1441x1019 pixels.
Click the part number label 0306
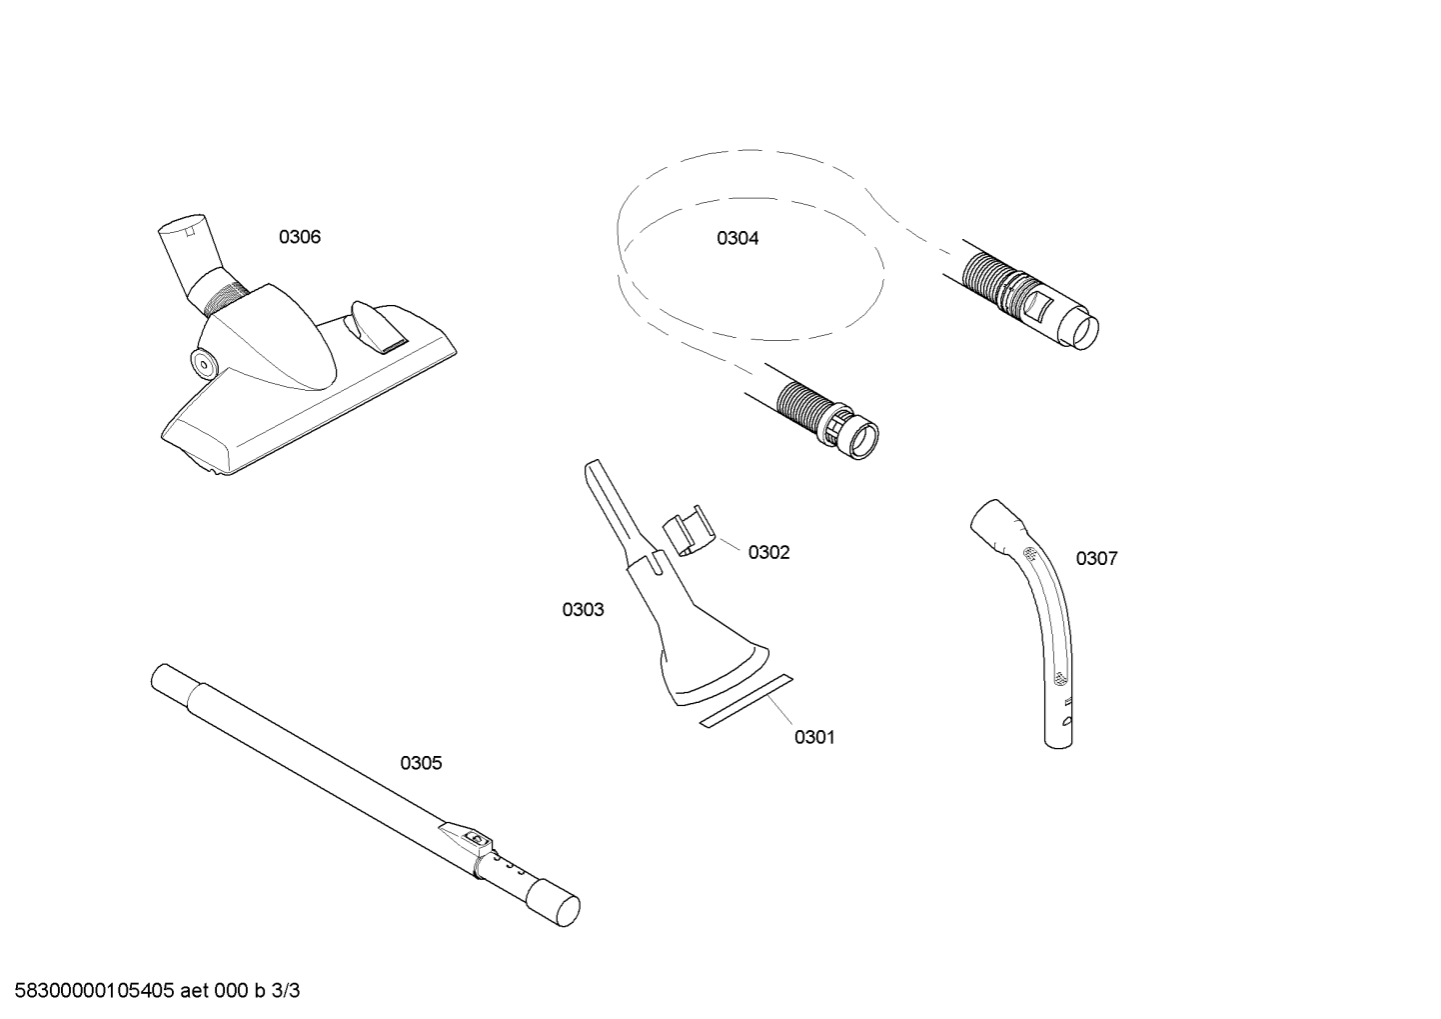tap(299, 237)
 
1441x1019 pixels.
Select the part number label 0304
tap(737, 238)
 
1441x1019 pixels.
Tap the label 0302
tap(768, 552)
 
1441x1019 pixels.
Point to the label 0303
tap(583, 609)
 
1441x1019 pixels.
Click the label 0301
tap(814, 737)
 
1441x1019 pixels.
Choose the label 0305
tap(421, 763)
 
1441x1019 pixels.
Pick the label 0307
tap(1097, 558)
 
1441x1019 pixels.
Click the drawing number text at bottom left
tap(158, 991)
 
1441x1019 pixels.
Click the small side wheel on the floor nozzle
tap(203, 363)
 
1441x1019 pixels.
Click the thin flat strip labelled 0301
tap(746, 702)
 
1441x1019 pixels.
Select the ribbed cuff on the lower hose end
tap(802, 409)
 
